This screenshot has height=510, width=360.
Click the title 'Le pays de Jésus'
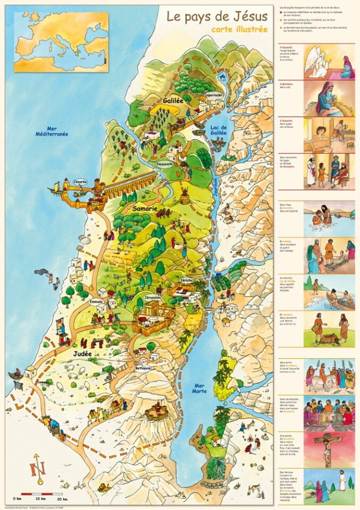(x=217, y=16)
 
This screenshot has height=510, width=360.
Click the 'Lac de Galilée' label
(x=219, y=130)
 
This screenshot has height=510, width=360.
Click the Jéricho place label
(x=186, y=280)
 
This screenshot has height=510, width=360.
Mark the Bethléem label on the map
(x=143, y=368)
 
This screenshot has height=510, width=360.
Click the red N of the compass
(x=37, y=470)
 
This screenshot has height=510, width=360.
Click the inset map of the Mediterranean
(x=61, y=35)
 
